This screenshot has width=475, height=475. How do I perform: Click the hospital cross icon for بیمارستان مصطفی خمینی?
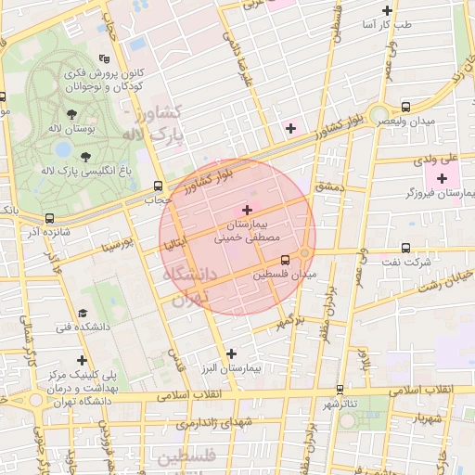246,211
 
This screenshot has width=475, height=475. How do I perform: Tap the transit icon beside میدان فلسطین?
284,260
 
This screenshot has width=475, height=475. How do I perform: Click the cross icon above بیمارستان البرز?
232,353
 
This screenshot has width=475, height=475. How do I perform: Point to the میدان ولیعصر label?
414,122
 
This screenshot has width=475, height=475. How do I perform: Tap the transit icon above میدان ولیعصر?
406,107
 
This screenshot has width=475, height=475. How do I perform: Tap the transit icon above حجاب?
157,186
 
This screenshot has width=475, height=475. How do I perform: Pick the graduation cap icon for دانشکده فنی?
83,313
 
